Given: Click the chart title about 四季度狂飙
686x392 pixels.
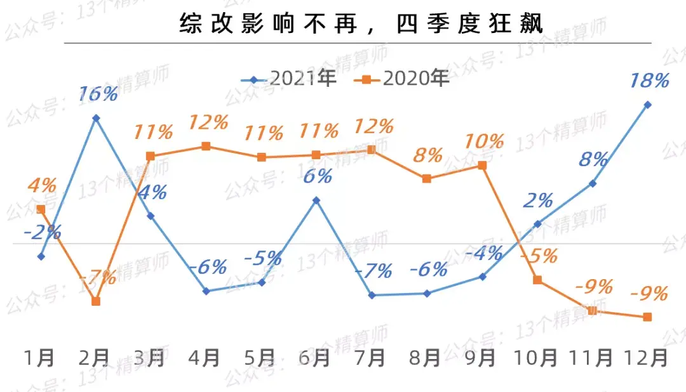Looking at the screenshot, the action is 361,23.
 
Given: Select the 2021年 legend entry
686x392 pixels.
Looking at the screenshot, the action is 289,79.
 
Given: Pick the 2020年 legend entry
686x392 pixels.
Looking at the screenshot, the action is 401,79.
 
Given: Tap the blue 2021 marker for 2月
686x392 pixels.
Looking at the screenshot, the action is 97,118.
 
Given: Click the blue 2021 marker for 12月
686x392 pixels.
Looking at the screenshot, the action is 648,105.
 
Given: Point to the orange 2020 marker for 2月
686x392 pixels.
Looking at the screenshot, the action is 97,301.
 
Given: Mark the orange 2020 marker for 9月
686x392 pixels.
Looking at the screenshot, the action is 482,166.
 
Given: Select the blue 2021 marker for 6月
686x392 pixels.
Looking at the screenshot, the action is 316,200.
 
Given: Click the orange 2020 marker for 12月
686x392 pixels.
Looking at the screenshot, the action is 648,317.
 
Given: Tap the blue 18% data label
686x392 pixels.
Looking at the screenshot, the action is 649,81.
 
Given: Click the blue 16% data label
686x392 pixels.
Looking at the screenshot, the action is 98,94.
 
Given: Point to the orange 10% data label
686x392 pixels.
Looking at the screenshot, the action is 483,141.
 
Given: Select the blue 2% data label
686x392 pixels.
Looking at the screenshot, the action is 538,200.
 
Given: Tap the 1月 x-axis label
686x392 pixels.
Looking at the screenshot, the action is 39,358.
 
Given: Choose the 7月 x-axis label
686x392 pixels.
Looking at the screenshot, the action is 370,358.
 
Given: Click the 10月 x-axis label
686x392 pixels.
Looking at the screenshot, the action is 535,358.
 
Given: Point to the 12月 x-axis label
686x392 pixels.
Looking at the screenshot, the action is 646,358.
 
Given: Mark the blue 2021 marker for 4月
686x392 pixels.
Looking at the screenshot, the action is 206,291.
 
